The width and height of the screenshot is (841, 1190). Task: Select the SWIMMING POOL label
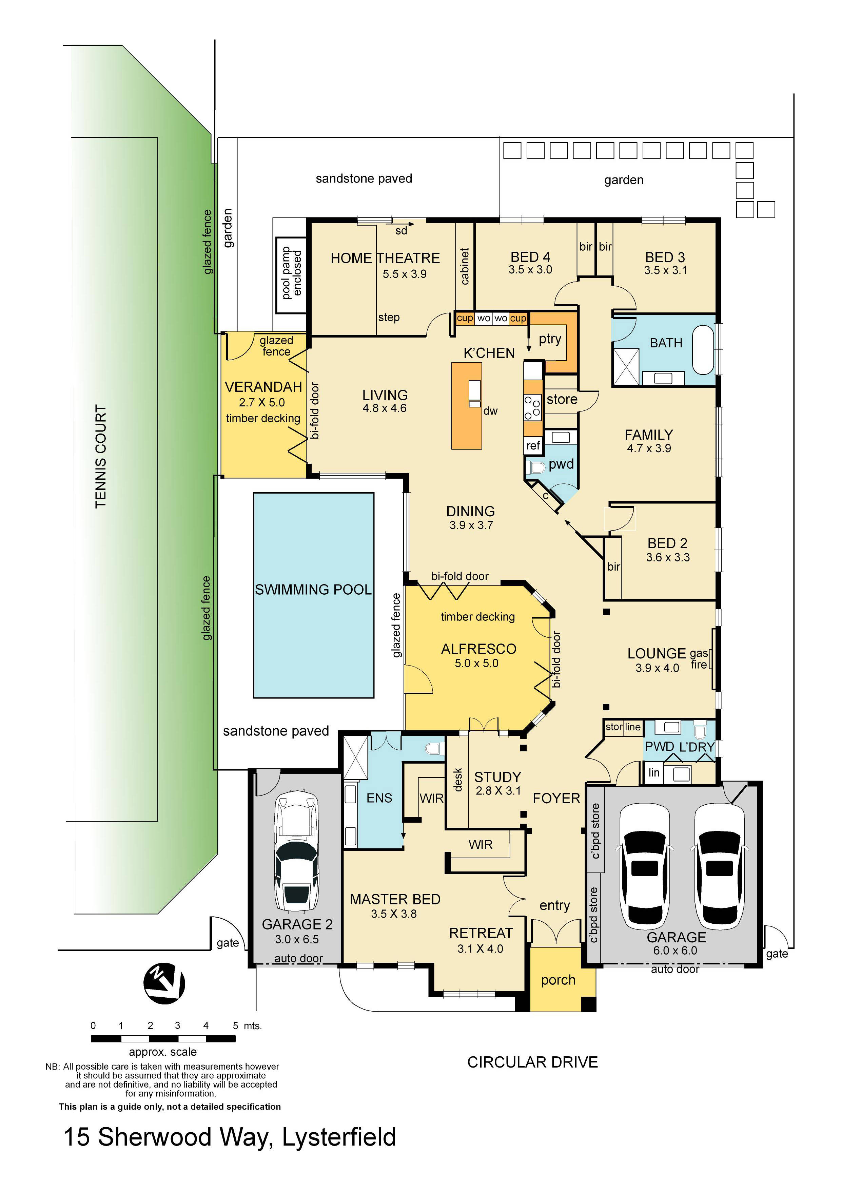point(313,590)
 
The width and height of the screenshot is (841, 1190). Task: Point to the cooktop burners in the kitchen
point(532,407)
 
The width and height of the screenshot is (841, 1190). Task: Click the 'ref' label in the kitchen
point(533,446)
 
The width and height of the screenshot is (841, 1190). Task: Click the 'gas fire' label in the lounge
point(699,659)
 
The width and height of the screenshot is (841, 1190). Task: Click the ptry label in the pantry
point(550,339)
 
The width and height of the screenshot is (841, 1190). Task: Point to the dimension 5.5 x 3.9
point(404,274)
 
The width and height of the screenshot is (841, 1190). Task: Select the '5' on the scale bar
point(235,1026)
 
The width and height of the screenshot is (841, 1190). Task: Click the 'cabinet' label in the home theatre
point(465,266)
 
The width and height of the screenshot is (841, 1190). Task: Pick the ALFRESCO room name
point(478,649)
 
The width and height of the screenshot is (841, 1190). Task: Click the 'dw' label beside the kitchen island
point(490,411)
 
